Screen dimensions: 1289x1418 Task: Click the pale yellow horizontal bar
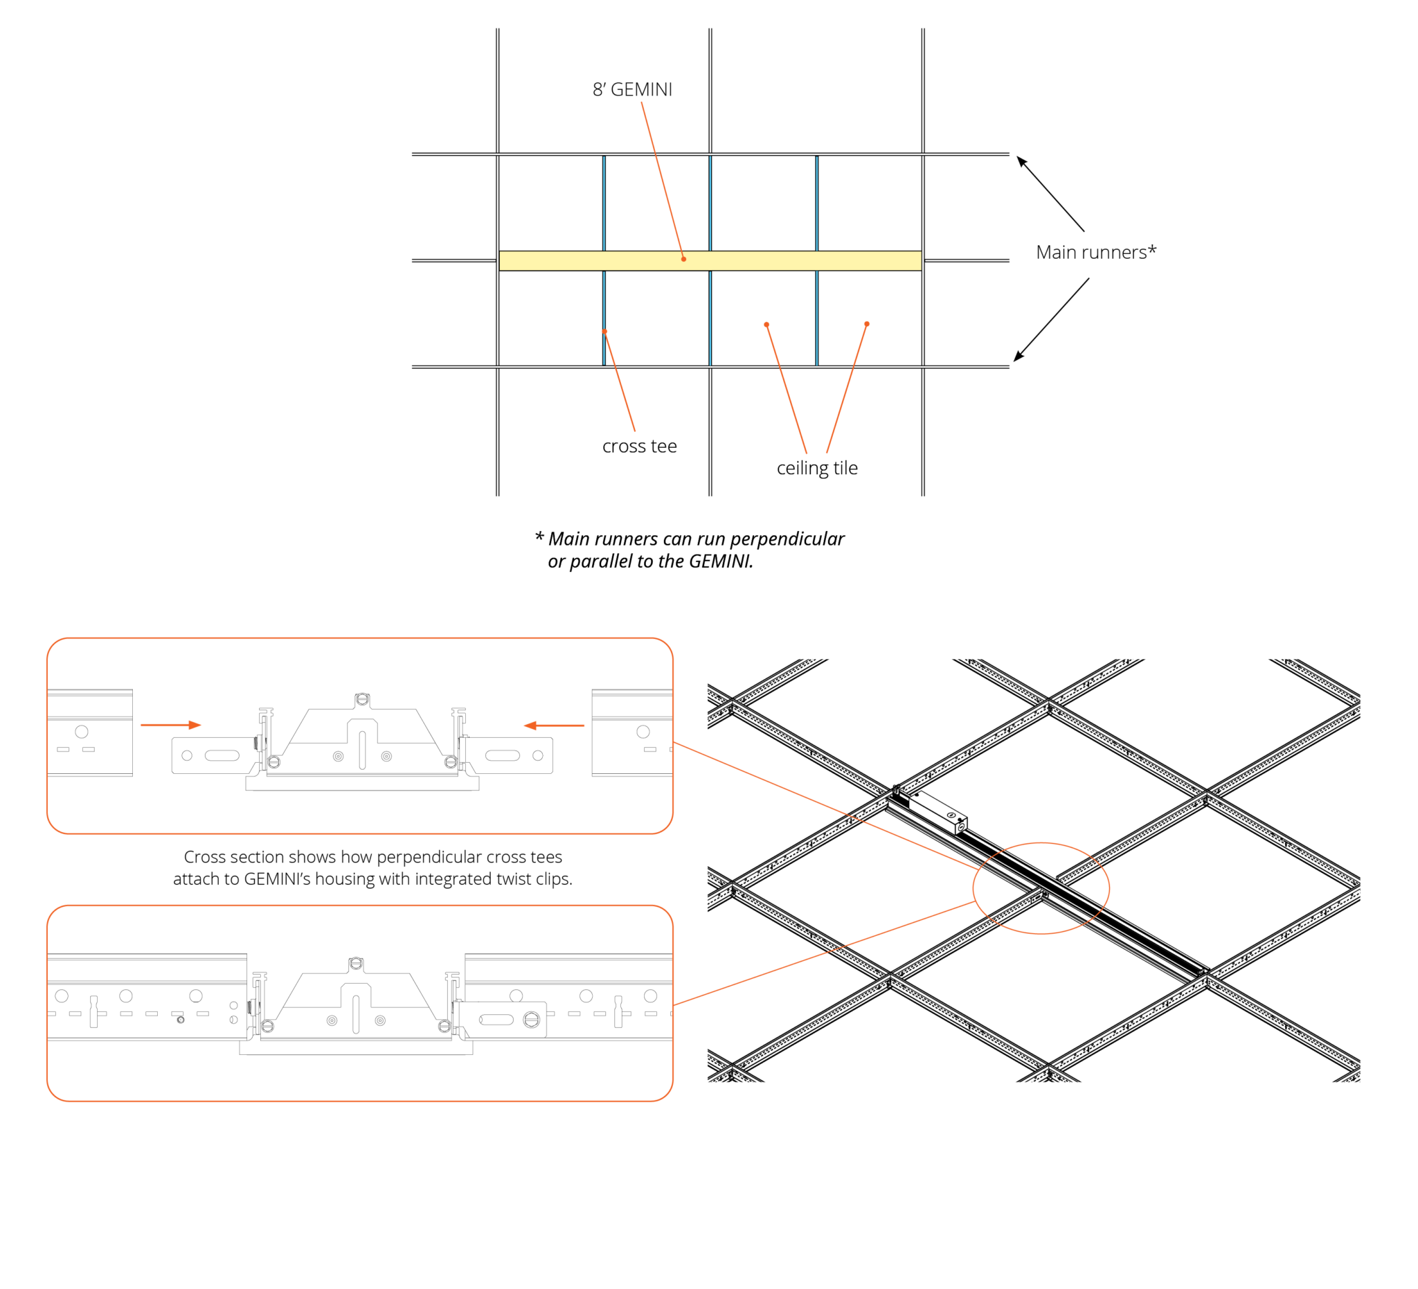[x=773, y=261]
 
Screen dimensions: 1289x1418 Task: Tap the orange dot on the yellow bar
[x=683, y=259]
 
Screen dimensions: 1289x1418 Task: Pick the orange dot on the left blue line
[x=605, y=331]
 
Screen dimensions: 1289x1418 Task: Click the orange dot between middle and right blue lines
[x=766, y=324]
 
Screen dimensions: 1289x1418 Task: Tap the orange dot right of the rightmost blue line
[x=867, y=324]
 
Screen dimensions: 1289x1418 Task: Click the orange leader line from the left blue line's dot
[x=620, y=382]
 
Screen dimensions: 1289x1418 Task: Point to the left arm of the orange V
[x=787, y=390]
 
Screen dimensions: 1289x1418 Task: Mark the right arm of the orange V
[x=846, y=390]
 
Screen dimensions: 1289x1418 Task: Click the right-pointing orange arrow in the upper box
[x=171, y=725]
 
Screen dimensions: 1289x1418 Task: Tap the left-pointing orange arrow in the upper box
[x=553, y=725]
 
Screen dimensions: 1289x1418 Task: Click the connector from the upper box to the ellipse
[x=827, y=806]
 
